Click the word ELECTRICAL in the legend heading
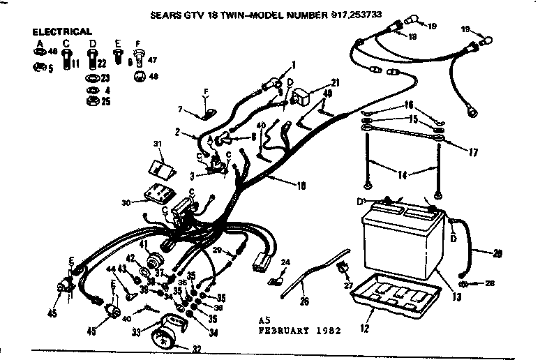(62, 31)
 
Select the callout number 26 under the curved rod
(303, 301)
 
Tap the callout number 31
(156, 144)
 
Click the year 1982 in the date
(327, 331)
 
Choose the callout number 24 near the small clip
(285, 262)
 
